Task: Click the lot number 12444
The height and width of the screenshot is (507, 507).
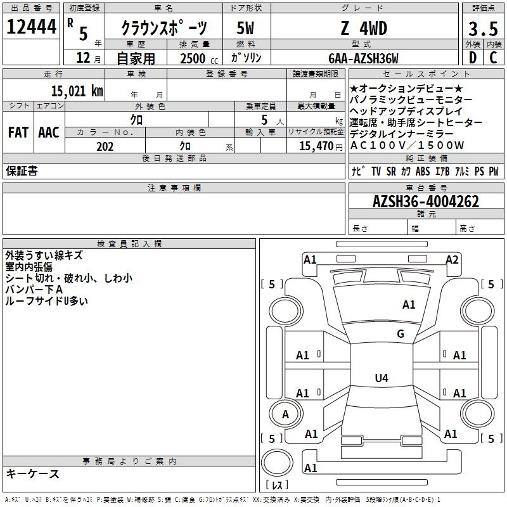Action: pos(31,27)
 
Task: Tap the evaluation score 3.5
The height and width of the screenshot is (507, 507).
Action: pos(483,29)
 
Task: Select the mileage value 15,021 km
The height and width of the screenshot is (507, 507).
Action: pos(77,91)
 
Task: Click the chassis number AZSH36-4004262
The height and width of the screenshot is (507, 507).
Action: pos(426,202)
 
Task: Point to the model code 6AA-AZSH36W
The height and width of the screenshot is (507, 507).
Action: pos(363,58)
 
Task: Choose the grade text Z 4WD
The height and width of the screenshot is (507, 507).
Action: pos(364,28)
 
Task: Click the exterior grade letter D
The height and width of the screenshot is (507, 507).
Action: pos(473,58)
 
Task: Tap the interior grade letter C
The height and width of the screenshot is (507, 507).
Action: pos(493,58)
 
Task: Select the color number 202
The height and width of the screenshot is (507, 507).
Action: pos(105,146)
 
